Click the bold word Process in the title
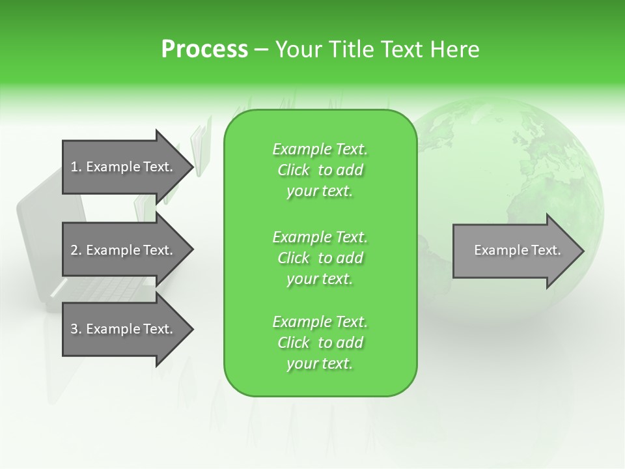click(204, 50)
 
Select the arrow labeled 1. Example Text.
click(124, 167)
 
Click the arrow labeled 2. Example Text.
click(124, 250)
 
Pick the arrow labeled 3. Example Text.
click(124, 329)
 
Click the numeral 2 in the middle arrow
click(74, 250)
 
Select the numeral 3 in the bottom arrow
click(74, 329)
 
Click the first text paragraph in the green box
click(320, 170)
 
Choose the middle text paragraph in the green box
click(320, 258)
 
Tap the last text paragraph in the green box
click(320, 343)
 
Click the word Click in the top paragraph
click(294, 170)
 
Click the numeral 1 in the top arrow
click(74, 167)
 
